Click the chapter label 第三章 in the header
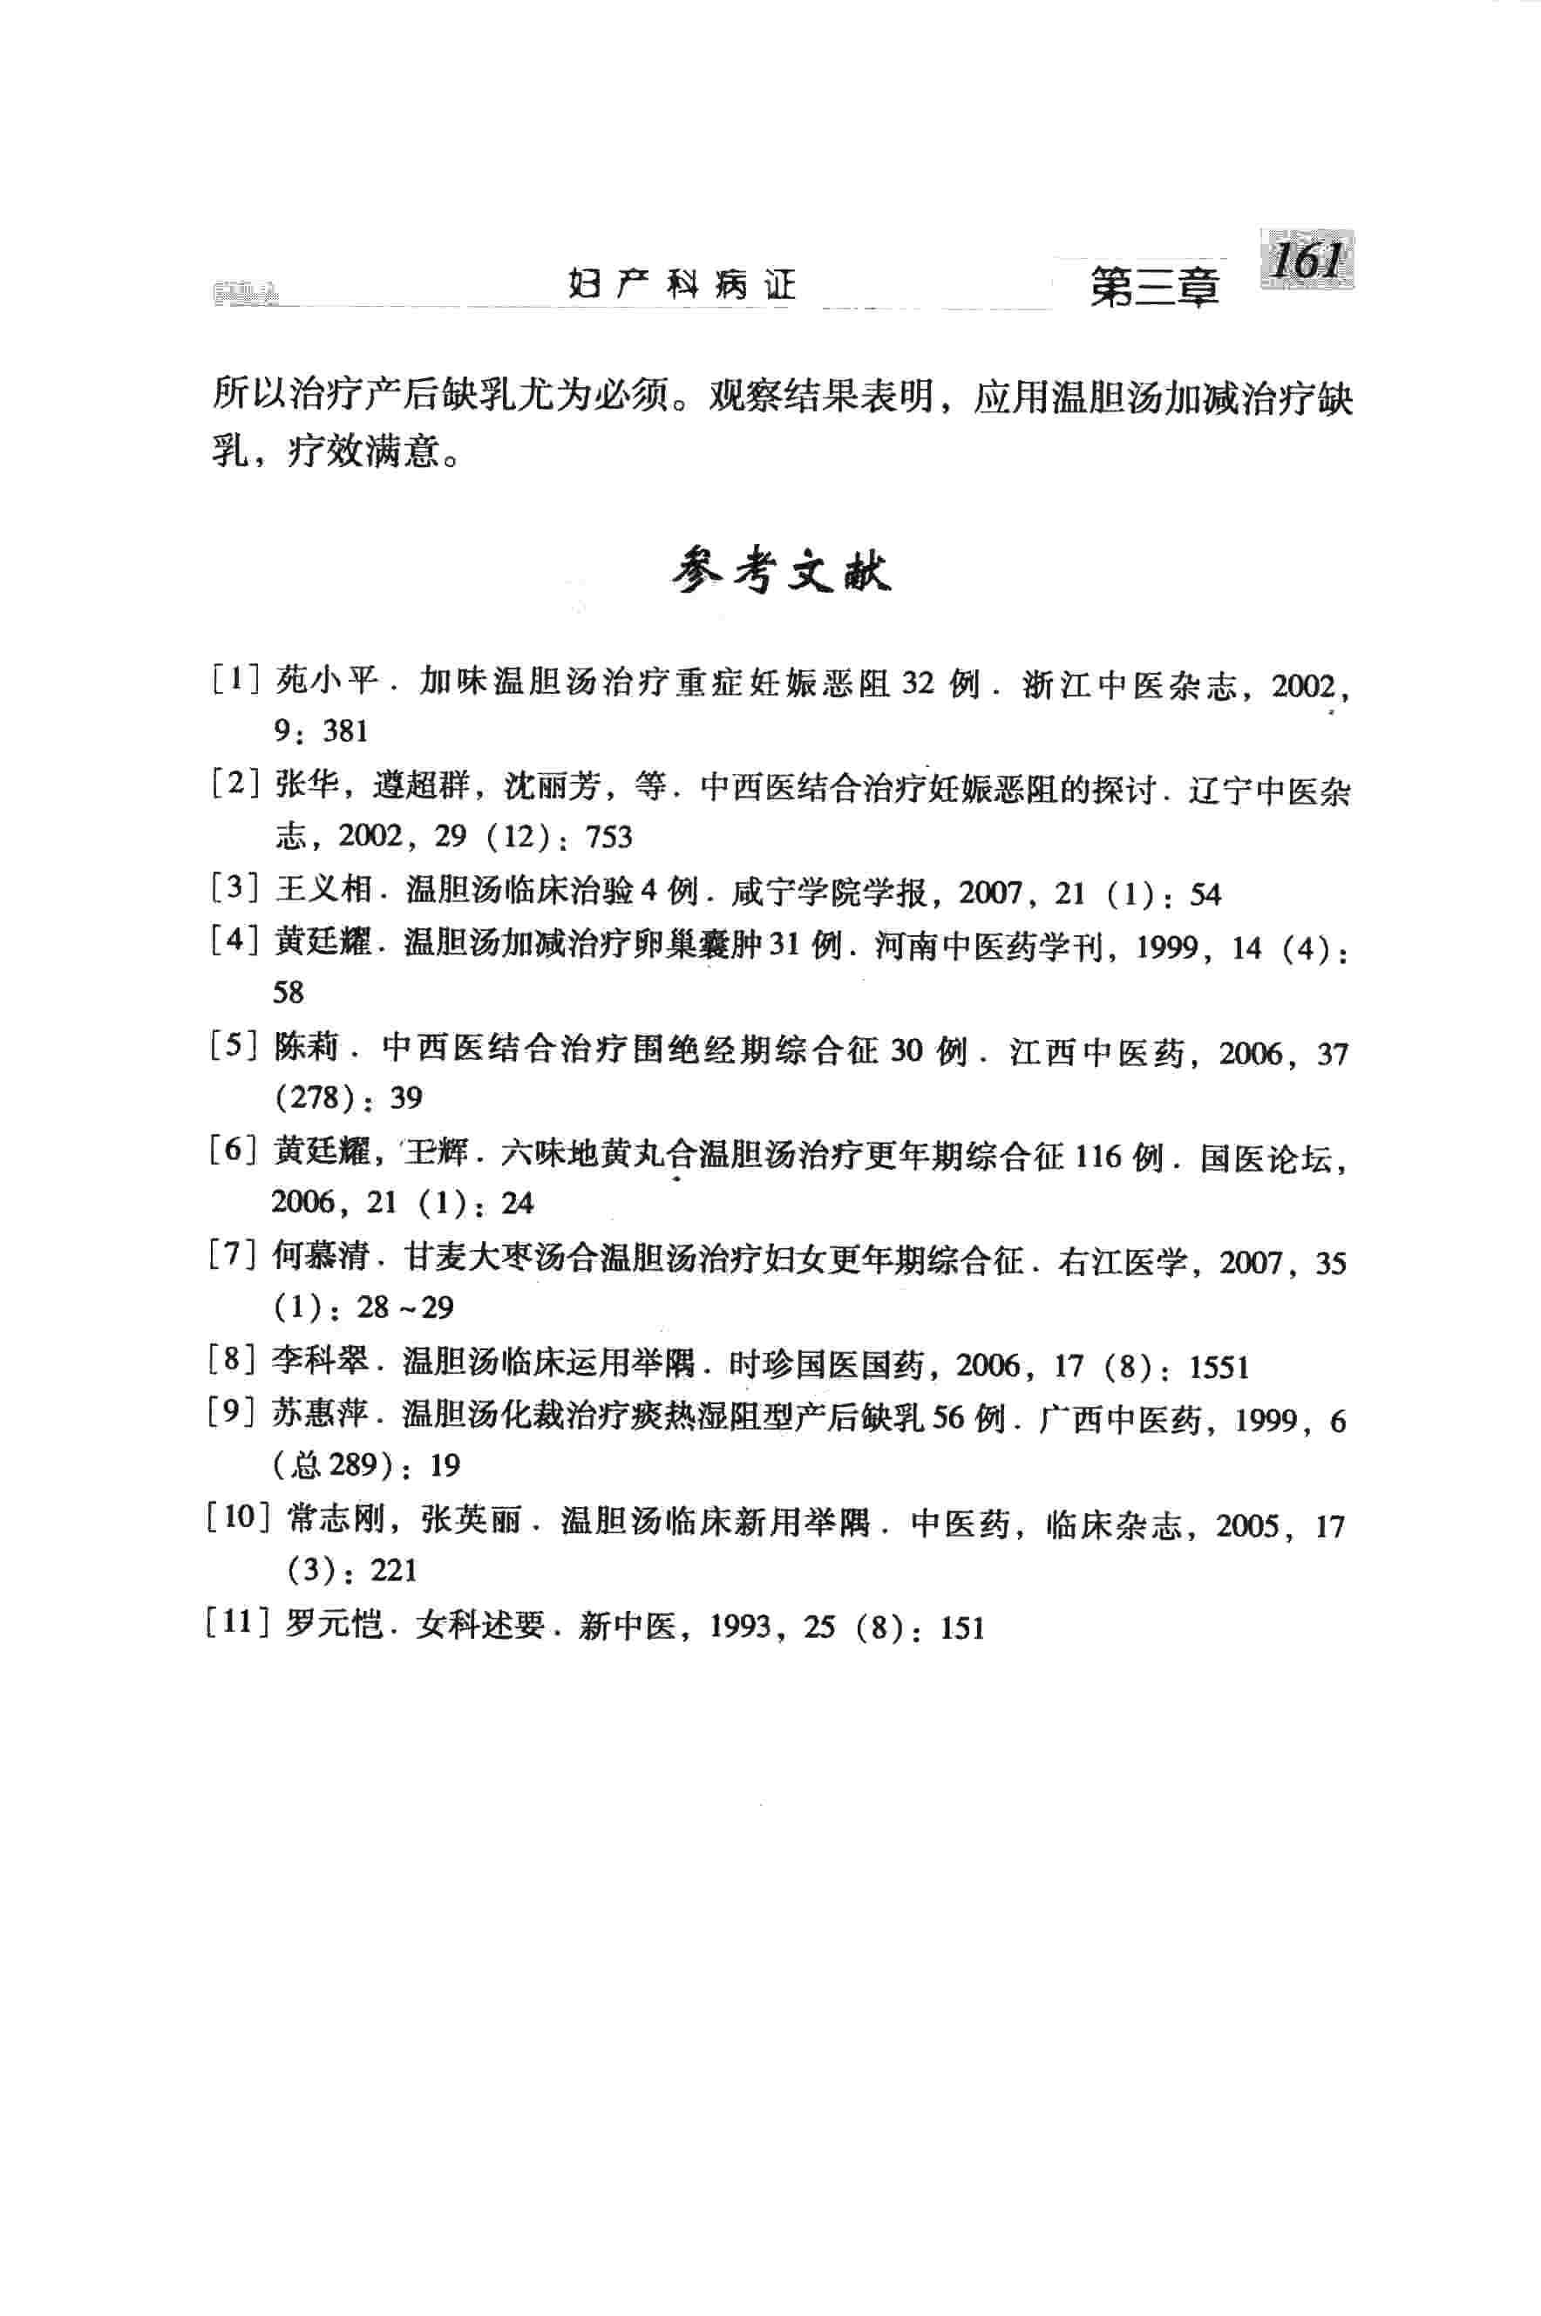point(1154,289)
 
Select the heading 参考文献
point(781,571)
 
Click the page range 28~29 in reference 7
point(405,1307)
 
